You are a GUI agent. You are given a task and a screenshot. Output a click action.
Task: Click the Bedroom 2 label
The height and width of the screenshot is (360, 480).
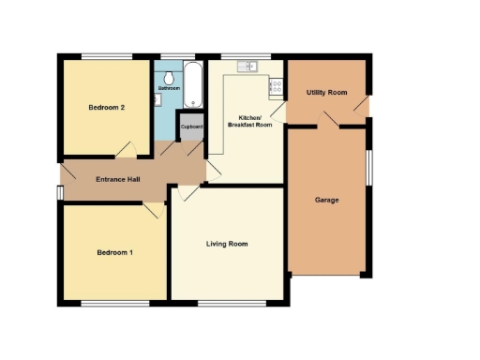click(x=107, y=108)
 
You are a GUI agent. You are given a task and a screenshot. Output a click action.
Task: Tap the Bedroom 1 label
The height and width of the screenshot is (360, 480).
click(x=115, y=253)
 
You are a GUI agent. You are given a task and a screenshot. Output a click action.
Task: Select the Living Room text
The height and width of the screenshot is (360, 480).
click(x=227, y=244)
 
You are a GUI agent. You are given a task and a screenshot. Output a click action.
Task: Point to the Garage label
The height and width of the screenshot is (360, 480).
click(x=326, y=201)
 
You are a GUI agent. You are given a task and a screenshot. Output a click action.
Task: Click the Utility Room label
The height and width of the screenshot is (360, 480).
click(x=326, y=93)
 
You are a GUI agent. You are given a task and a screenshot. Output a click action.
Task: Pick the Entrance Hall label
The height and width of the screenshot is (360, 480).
click(x=118, y=179)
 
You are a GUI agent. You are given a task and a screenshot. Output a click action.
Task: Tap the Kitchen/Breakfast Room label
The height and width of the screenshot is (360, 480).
click(x=248, y=123)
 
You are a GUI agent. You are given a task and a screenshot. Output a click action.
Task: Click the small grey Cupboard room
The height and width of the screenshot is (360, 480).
click(x=191, y=127)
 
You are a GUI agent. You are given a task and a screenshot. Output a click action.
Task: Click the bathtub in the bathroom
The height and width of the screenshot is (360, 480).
click(x=193, y=84)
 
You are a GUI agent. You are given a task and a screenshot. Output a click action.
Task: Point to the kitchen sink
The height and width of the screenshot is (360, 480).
click(x=248, y=66)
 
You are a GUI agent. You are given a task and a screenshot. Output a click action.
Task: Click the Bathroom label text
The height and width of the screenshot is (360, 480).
click(x=169, y=89)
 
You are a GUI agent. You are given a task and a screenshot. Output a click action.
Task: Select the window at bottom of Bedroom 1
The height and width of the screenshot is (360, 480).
click(x=113, y=303)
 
